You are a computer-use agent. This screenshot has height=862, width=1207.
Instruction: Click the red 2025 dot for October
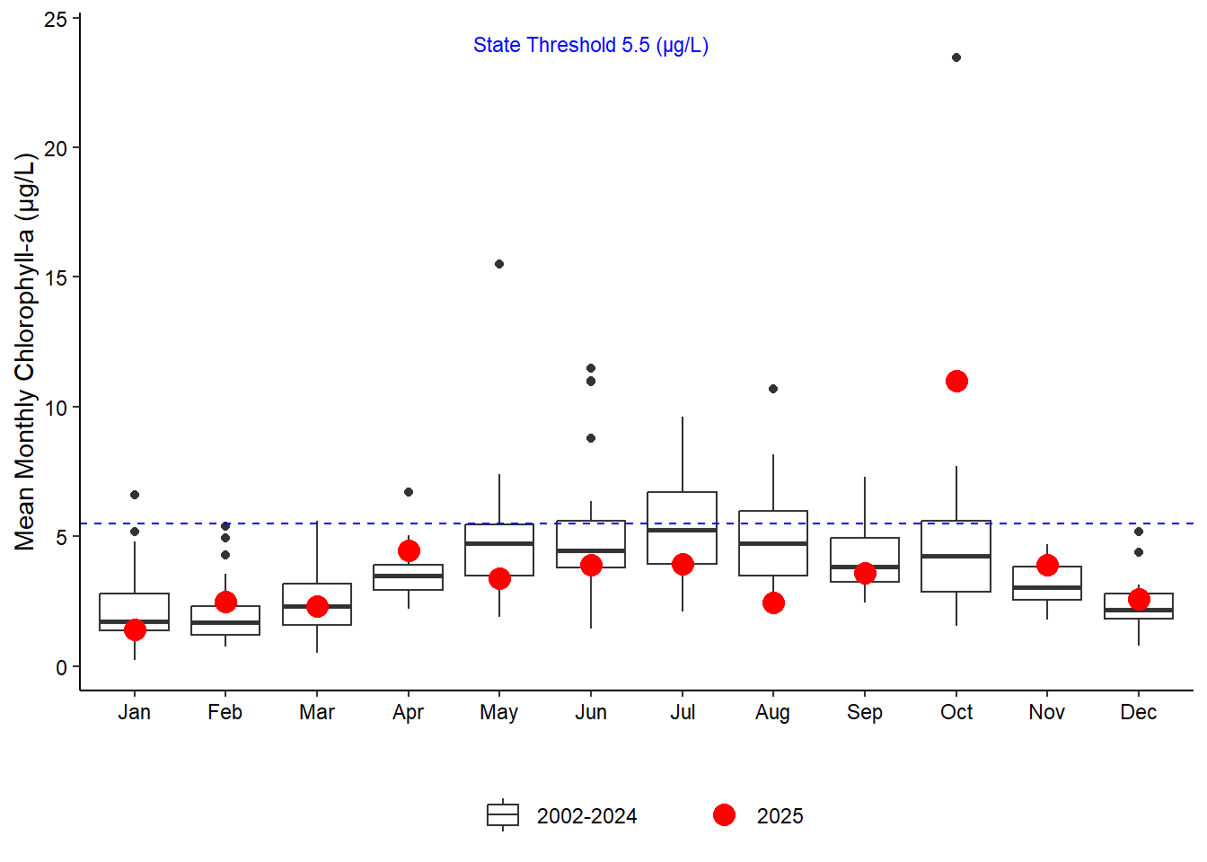click(956, 382)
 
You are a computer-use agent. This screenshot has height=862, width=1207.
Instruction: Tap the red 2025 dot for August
click(773, 603)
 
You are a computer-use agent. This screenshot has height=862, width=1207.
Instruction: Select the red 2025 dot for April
click(409, 550)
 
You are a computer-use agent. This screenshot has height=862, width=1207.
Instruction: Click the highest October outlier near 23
click(956, 57)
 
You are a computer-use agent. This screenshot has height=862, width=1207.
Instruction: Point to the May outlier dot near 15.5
click(499, 264)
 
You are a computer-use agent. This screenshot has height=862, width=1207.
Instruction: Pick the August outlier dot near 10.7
click(773, 389)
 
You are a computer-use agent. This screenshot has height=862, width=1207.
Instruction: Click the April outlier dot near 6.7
click(409, 492)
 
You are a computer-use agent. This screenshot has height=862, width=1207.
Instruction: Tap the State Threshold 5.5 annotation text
click(591, 46)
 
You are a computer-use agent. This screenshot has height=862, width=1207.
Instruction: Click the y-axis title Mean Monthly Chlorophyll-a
click(25, 351)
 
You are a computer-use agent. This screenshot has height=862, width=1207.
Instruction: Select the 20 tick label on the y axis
click(56, 148)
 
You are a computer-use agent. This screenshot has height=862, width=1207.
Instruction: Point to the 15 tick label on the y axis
click(56, 278)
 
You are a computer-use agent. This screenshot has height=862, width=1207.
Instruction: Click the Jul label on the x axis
click(683, 712)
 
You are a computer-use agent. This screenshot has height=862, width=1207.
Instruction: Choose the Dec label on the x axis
click(1138, 712)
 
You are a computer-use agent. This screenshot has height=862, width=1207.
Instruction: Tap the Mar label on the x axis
click(317, 712)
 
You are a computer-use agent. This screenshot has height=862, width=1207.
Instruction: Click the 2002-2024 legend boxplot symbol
click(503, 815)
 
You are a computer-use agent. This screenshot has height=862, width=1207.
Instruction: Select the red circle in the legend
click(724, 815)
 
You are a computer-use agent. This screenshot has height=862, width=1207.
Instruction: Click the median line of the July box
click(683, 530)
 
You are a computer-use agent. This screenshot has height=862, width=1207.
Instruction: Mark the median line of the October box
click(956, 556)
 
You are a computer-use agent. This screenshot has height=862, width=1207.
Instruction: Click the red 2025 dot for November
click(1047, 565)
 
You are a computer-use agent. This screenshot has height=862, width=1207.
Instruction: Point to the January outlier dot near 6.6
click(135, 495)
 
